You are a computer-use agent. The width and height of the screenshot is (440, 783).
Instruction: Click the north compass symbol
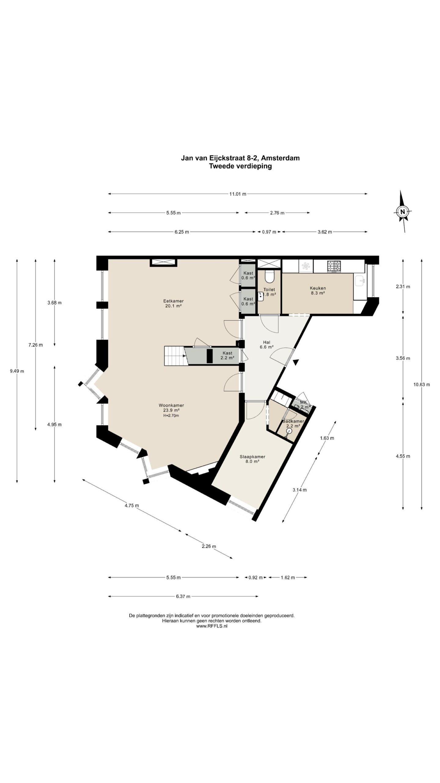pyautogui.click(x=403, y=211)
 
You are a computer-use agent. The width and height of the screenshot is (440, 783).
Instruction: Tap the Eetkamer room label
pyautogui.click(x=173, y=301)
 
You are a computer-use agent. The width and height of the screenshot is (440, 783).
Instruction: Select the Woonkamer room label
pyautogui.click(x=171, y=405)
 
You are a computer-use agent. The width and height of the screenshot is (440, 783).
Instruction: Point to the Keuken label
pyautogui.click(x=318, y=288)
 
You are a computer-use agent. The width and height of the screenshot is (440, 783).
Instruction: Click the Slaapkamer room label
pyautogui.click(x=252, y=457)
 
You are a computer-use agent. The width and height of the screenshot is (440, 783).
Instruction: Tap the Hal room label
pyautogui.click(x=266, y=342)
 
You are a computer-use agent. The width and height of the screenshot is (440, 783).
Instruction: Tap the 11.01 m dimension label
pyautogui.click(x=238, y=194)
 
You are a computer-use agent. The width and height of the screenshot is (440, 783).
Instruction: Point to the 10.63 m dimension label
pyautogui.click(x=422, y=384)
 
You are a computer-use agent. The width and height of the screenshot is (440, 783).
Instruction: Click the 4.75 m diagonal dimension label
pyautogui.click(x=131, y=506)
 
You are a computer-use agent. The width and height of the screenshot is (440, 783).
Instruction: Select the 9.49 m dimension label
pyautogui.click(x=17, y=371)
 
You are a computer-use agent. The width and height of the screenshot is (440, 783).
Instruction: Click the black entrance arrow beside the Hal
pyautogui.click(x=295, y=362)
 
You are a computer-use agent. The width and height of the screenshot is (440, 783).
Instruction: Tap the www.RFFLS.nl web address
pyautogui.click(x=211, y=626)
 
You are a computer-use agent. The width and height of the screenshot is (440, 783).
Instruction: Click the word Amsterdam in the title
pyautogui.click(x=280, y=158)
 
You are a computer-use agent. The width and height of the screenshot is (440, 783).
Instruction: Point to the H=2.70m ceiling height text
pyautogui.click(x=171, y=415)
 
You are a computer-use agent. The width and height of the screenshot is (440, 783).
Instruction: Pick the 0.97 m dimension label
pyautogui.click(x=269, y=232)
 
